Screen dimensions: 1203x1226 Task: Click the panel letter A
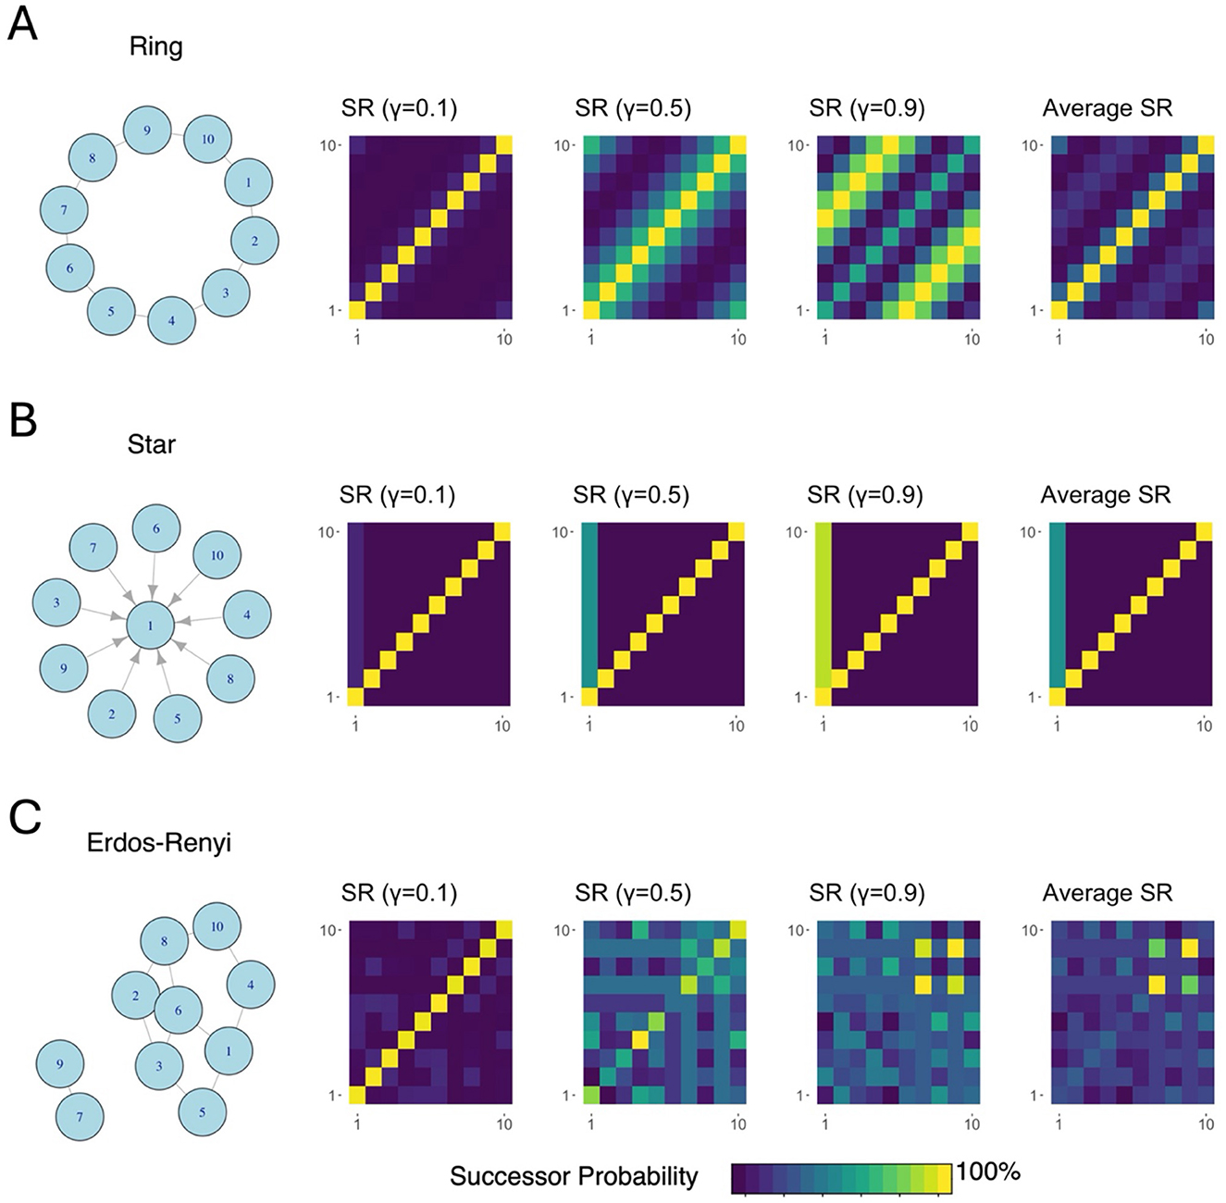22,23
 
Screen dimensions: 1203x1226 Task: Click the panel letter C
24,817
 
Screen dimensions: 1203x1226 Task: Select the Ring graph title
155,46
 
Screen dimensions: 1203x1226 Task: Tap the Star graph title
152,444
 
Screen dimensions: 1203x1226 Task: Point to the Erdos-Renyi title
158,842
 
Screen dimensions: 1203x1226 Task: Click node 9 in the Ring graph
148,131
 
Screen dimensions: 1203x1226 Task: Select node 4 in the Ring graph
171,320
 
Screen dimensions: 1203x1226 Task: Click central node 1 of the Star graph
151,626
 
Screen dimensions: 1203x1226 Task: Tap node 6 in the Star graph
156,529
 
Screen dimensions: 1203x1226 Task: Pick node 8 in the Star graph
230,678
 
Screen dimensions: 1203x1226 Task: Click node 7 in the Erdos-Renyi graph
80,1116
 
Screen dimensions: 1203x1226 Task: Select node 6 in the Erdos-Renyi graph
179,1011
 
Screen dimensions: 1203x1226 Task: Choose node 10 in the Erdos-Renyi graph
217,926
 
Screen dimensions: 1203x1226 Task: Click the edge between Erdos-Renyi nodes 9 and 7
70,1090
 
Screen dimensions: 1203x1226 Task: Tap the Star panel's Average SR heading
1105,495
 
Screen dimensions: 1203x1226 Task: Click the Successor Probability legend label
574,1175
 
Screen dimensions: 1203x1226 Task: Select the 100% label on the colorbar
988,1172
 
